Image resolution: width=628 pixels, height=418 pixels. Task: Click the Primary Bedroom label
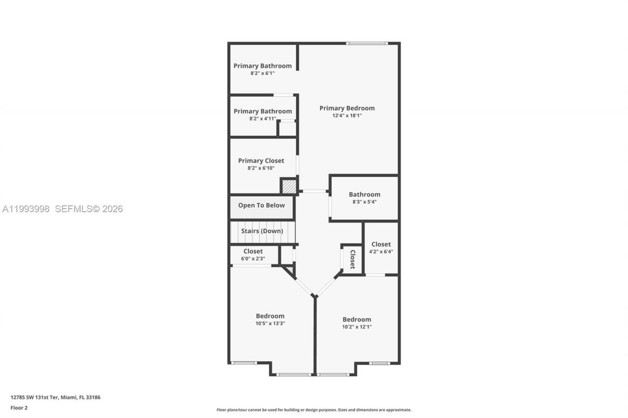click(347, 108)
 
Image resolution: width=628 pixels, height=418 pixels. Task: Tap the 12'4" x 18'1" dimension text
click(347, 116)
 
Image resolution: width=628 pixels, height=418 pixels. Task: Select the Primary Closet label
click(261, 161)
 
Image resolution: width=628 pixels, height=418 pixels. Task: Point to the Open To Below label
click(262, 205)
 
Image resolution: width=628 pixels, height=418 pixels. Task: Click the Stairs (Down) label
click(262, 231)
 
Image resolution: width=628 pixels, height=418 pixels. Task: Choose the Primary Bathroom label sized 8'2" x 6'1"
click(262, 66)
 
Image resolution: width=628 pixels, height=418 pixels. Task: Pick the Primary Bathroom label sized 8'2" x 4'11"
click(262, 111)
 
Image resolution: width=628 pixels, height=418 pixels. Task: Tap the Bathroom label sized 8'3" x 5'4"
click(365, 195)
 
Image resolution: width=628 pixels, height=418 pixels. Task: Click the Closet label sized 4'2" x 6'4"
click(381, 244)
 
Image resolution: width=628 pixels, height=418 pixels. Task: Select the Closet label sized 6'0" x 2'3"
click(253, 251)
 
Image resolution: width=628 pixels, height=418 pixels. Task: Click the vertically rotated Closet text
click(352, 260)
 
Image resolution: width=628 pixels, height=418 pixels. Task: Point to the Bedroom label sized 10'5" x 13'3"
click(270, 316)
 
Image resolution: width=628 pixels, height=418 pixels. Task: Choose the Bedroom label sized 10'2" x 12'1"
click(357, 320)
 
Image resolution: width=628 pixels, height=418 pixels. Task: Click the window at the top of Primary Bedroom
click(366, 44)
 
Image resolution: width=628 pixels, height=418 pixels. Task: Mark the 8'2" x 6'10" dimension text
click(261, 168)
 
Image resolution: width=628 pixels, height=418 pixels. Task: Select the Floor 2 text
click(19, 407)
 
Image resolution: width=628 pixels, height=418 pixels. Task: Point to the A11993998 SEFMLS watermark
click(62, 209)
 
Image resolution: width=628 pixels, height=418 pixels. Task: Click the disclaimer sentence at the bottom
click(314, 410)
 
